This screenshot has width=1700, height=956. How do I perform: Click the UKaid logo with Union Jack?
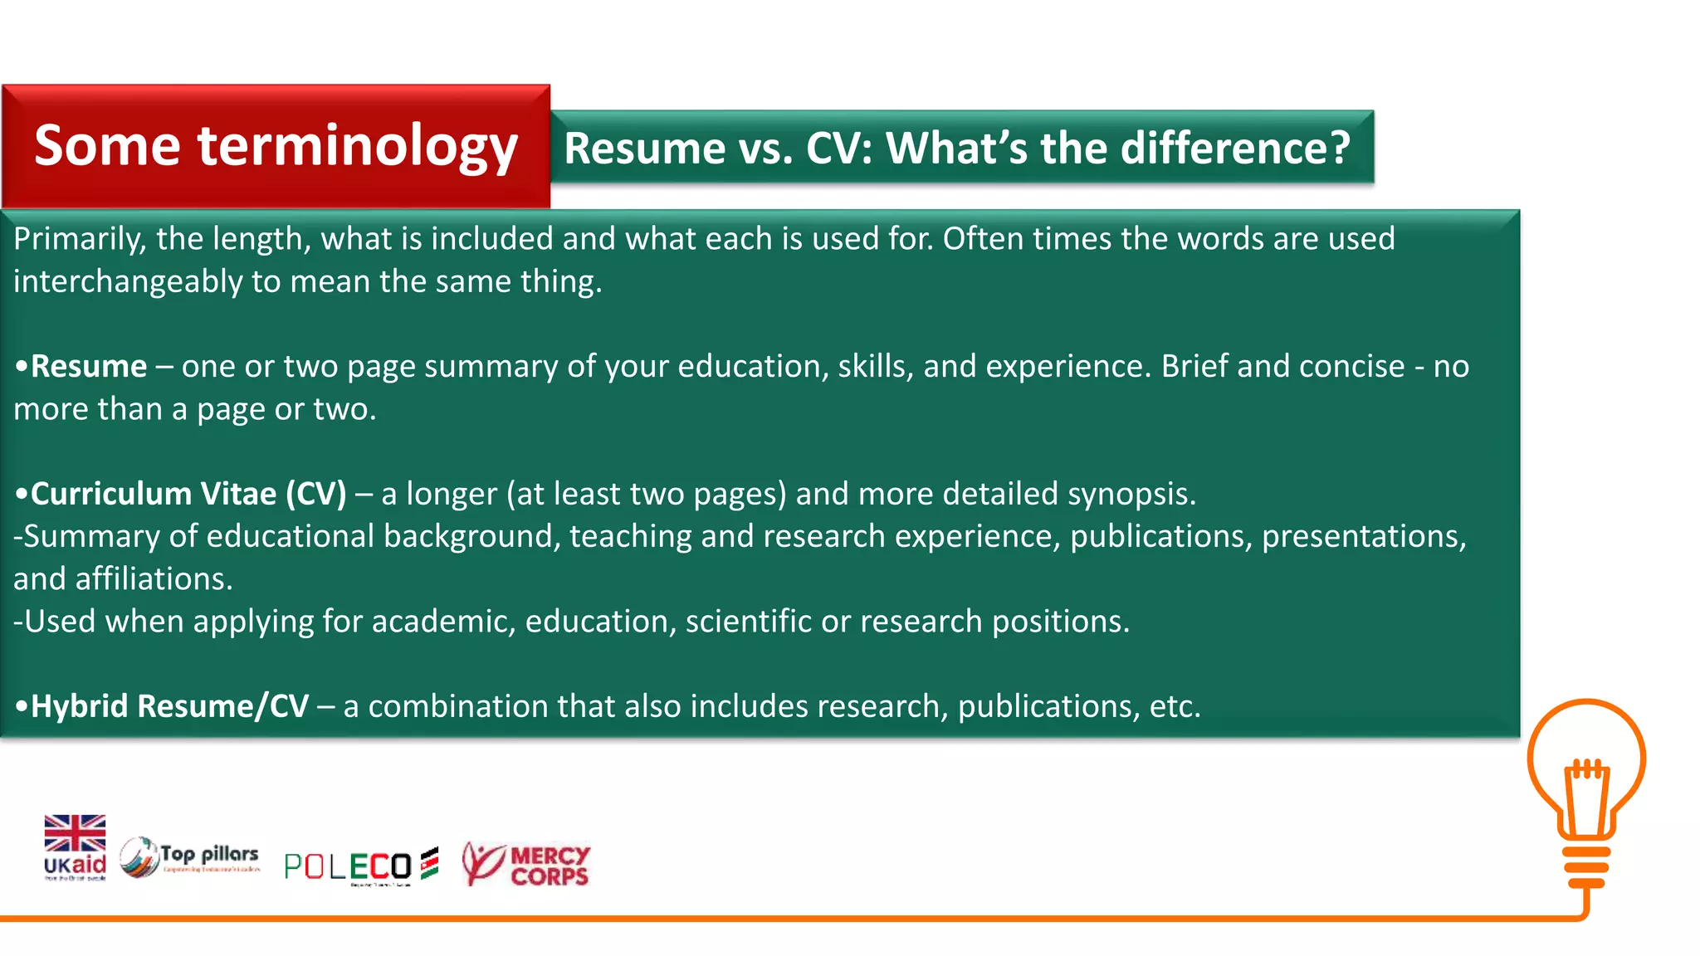pyautogui.click(x=75, y=846)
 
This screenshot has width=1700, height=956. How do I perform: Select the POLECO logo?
pyautogui.click(x=359, y=866)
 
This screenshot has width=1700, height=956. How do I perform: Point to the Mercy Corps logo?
pyautogui.click(x=526, y=865)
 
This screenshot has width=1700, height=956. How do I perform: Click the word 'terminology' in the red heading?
pyautogui.click(x=357, y=146)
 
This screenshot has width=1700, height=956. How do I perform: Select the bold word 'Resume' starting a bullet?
pyautogui.click(x=89, y=366)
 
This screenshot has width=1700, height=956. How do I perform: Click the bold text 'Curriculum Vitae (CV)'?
pyautogui.click(x=188, y=494)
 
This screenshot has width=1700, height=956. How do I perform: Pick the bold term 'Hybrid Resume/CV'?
pyautogui.click(x=169, y=706)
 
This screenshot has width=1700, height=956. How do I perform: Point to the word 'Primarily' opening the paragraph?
pyautogui.click(x=79, y=239)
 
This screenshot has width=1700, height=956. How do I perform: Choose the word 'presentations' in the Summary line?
pyautogui.click(x=1363, y=536)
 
